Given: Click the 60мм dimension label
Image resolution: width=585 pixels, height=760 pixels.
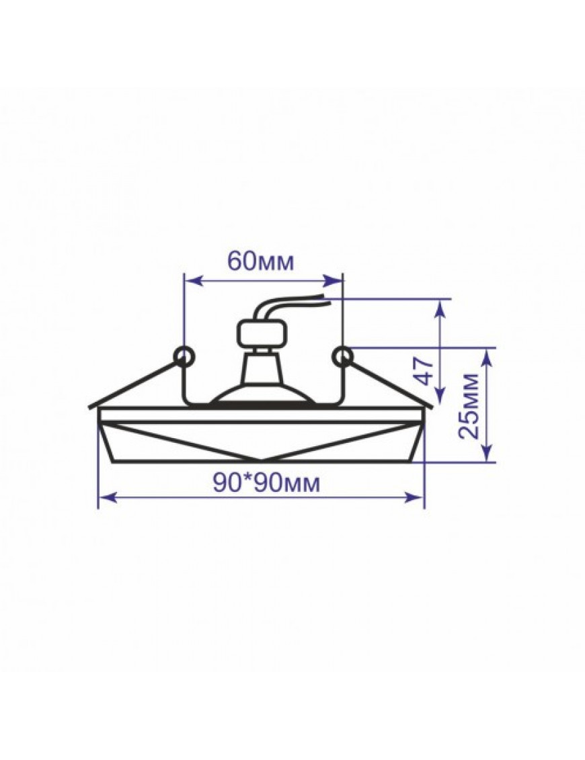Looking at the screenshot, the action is [260, 262].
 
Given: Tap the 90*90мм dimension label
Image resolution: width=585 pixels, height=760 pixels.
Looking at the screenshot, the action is [266, 482].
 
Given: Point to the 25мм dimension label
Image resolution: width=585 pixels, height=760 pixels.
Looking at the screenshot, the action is [469, 406].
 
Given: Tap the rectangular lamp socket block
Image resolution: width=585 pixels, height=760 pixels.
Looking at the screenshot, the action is [262, 335].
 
